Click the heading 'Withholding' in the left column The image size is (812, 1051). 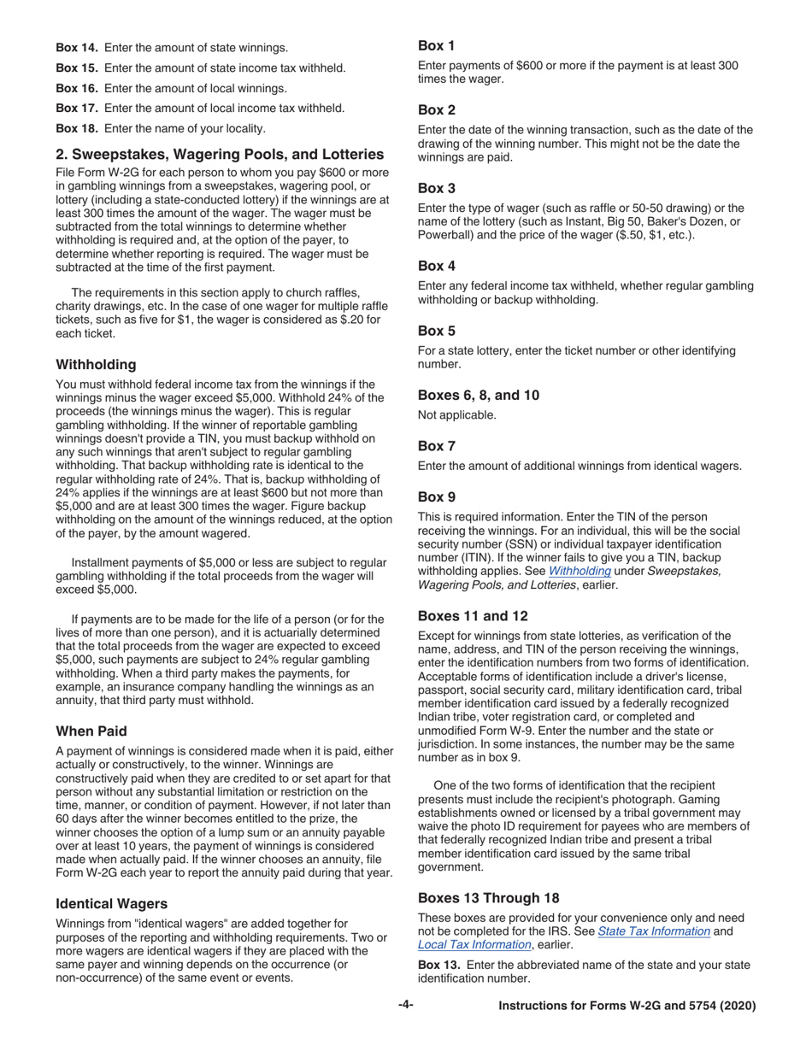coord(96,364)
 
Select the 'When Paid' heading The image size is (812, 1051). coord(91,731)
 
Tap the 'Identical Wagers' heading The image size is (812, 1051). coord(111,903)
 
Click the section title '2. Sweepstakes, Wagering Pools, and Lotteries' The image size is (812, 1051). coord(220,155)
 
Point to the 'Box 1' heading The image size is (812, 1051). coord(437,46)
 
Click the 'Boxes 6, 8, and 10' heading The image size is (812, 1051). coord(478,395)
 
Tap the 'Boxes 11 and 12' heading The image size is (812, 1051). coord(473,616)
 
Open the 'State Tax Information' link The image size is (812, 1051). coord(654,931)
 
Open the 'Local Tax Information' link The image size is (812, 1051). coord(474,944)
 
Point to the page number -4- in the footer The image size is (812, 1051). coord(406,1006)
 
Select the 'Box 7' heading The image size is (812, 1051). coord(437,445)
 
